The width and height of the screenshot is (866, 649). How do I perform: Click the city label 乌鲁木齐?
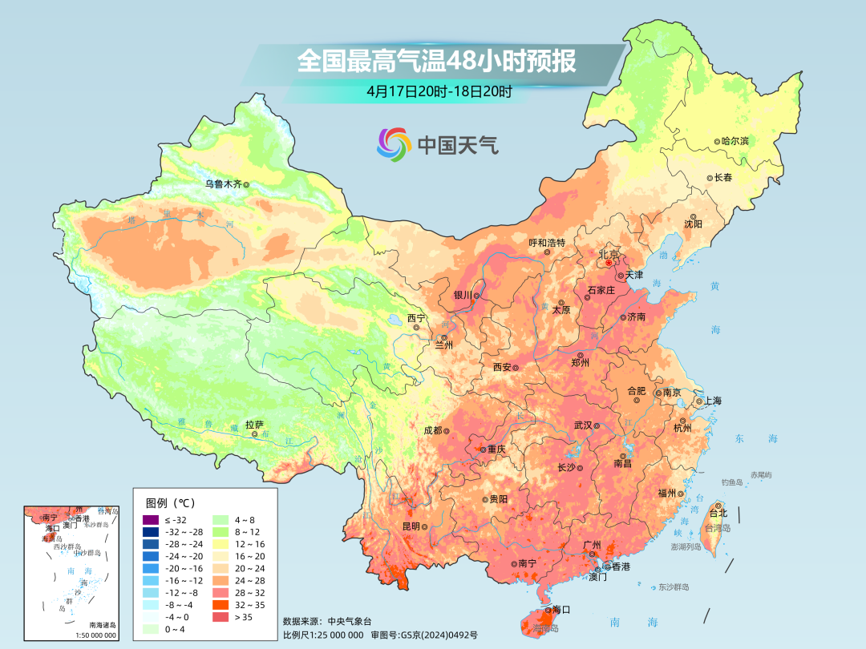(222, 183)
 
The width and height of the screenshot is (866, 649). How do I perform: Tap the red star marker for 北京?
(609, 263)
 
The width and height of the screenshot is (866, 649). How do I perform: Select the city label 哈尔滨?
(734, 140)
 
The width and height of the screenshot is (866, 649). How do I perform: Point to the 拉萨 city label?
(254, 425)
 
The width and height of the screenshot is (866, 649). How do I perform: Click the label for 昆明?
(411, 526)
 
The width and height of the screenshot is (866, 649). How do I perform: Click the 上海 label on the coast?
(713, 401)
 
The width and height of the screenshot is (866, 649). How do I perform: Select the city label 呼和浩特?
(547, 242)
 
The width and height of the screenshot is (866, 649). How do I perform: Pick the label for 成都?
(432, 429)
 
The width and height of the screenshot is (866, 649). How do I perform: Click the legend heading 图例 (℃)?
(169, 502)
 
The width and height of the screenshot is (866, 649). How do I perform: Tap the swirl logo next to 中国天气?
(394, 144)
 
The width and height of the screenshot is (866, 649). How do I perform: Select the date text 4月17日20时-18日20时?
(439, 91)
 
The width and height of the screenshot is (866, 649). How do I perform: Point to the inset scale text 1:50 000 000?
(95, 635)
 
